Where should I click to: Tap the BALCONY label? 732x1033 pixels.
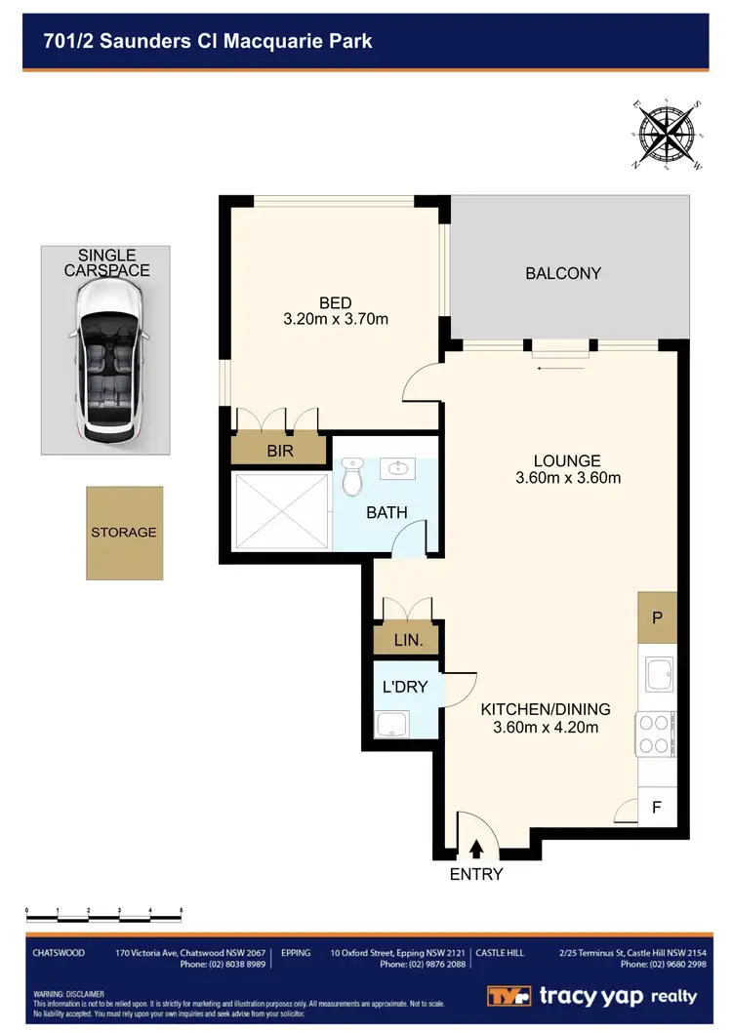(563, 273)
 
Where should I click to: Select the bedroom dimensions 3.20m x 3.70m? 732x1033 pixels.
(335, 319)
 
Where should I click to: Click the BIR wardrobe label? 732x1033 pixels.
(279, 451)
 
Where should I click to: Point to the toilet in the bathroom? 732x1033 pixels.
(353, 479)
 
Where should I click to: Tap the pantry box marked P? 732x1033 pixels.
(657, 616)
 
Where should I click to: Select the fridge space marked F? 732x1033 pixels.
(657, 809)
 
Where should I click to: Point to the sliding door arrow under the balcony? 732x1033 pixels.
(561, 369)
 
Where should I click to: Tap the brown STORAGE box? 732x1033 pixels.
(124, 532)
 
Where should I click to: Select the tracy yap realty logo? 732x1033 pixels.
(592, 996)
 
